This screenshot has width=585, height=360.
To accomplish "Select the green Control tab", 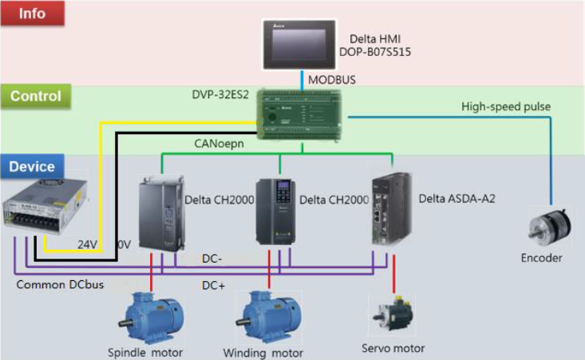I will pos(35,97).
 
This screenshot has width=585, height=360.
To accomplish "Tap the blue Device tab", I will pos(32,167).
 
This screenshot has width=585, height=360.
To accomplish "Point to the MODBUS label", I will pos(332,80).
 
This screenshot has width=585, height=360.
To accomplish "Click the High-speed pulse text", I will pos(505,106).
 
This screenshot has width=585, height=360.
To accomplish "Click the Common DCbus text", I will pos(48,284).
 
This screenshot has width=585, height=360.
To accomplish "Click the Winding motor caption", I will pos(263,352).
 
